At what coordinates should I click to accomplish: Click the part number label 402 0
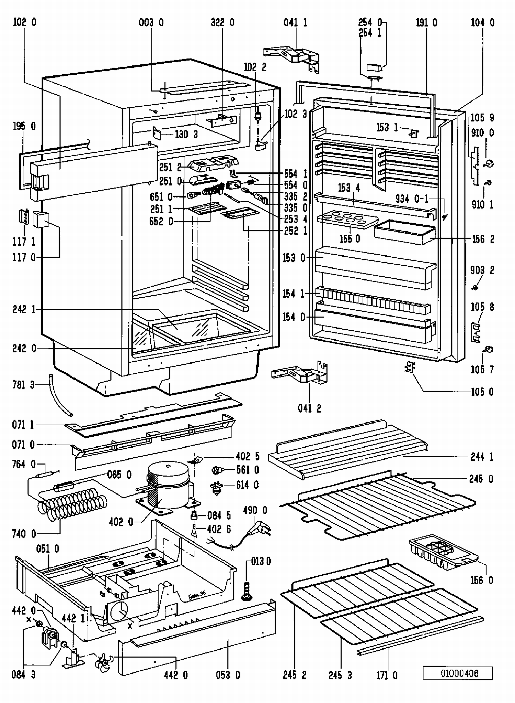(121, 522)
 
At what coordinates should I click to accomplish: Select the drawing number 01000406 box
(457, 673)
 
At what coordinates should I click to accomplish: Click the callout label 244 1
(482, 457)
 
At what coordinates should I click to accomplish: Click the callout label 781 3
(23, 385)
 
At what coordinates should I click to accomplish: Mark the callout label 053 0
(228, 675)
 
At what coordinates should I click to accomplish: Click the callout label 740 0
(24, 534)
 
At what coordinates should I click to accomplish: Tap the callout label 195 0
(24, 126)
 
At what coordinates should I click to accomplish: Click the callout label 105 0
(482, 392)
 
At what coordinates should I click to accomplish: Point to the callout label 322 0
(222, 23)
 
